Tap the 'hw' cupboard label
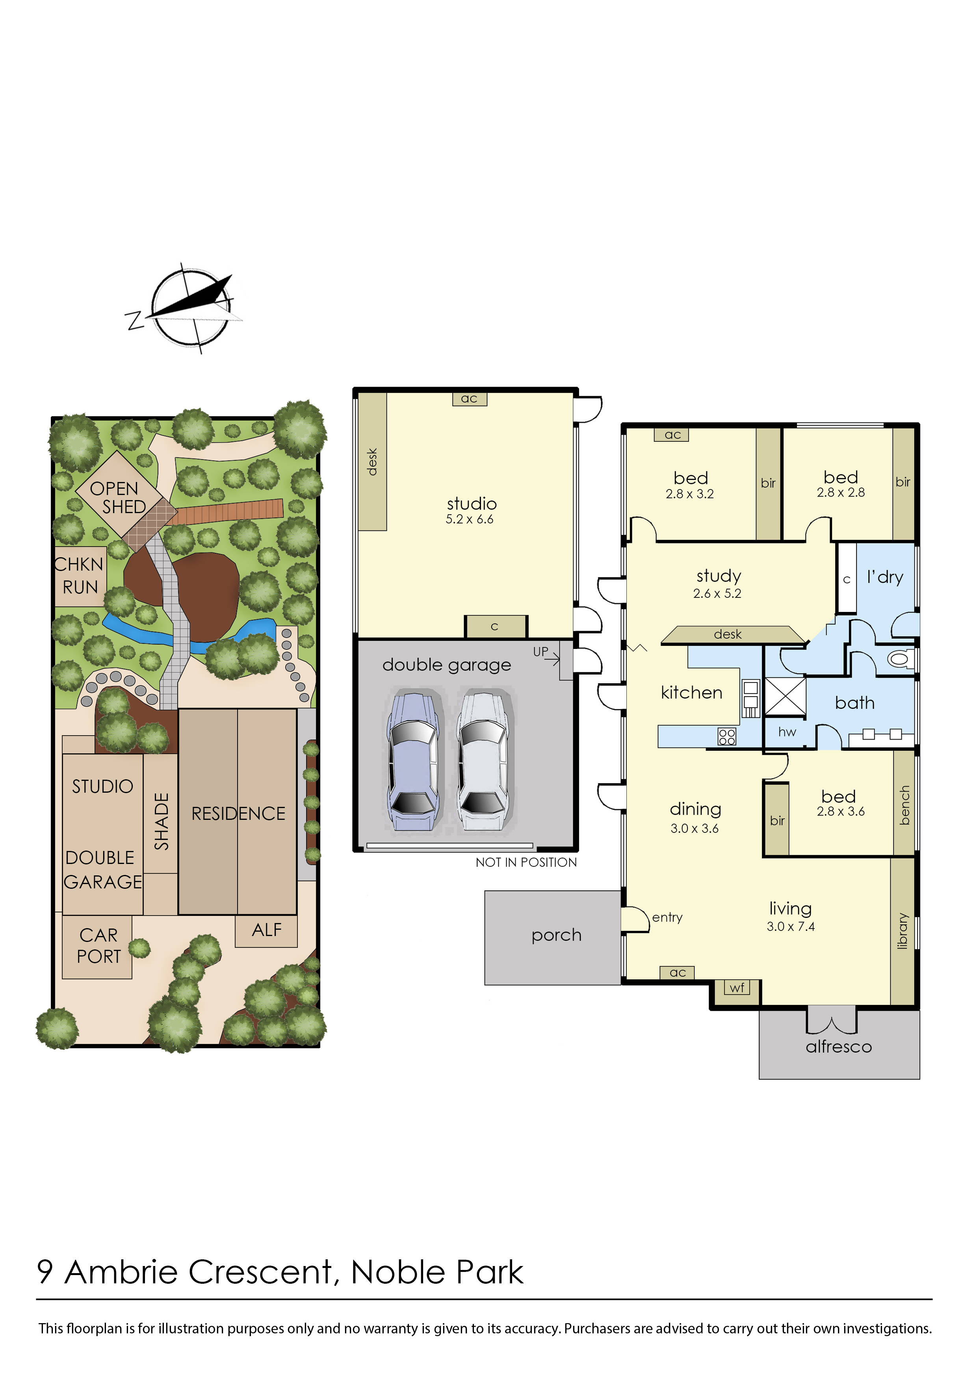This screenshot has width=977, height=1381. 787,732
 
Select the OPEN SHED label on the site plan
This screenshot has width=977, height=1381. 118,498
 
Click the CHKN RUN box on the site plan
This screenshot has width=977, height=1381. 80,576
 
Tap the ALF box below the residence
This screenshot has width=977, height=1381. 267,931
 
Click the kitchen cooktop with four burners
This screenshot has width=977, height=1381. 727,737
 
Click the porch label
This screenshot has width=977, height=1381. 557,935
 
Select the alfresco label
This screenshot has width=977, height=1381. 839,1047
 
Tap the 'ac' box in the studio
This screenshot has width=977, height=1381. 469,399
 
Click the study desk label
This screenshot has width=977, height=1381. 728,634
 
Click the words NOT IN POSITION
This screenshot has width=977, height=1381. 526,862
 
